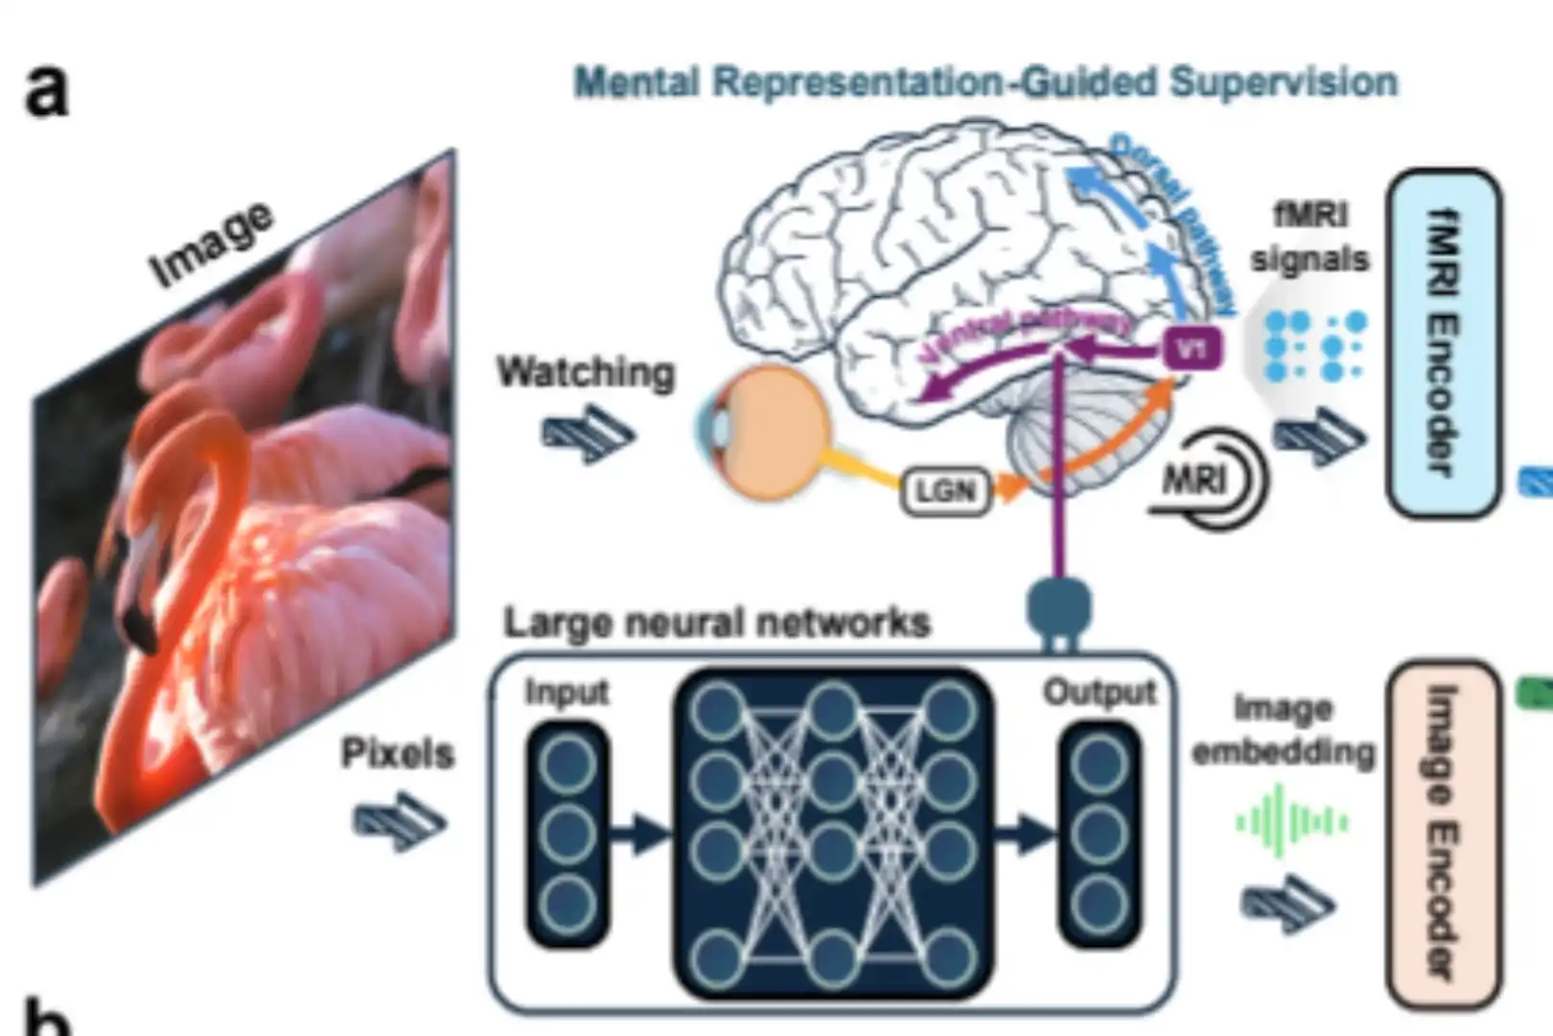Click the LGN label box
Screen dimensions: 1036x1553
tap(946, 491)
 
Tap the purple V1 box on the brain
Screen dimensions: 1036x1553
tap(1192, 349)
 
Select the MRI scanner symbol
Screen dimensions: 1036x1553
tap(1210, 481)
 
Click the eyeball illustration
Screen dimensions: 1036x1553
tap(767, 431)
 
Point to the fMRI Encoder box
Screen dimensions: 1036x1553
tap(1443, 343)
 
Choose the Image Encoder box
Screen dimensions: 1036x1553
tap(1443, 833)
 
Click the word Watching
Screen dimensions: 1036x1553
tap(586, 372)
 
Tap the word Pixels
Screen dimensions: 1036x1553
tap(397, 753)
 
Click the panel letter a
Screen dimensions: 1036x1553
tap(46, 91)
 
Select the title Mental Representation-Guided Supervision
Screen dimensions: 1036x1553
tap(985, 82)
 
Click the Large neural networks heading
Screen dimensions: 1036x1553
tap(717, 624)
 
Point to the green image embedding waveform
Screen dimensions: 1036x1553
tap(1291, 821)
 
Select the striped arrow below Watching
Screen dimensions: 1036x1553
tap(587, 434)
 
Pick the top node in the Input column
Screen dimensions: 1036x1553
tap(568, 765)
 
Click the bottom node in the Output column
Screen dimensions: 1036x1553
tap(1099, 905)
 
